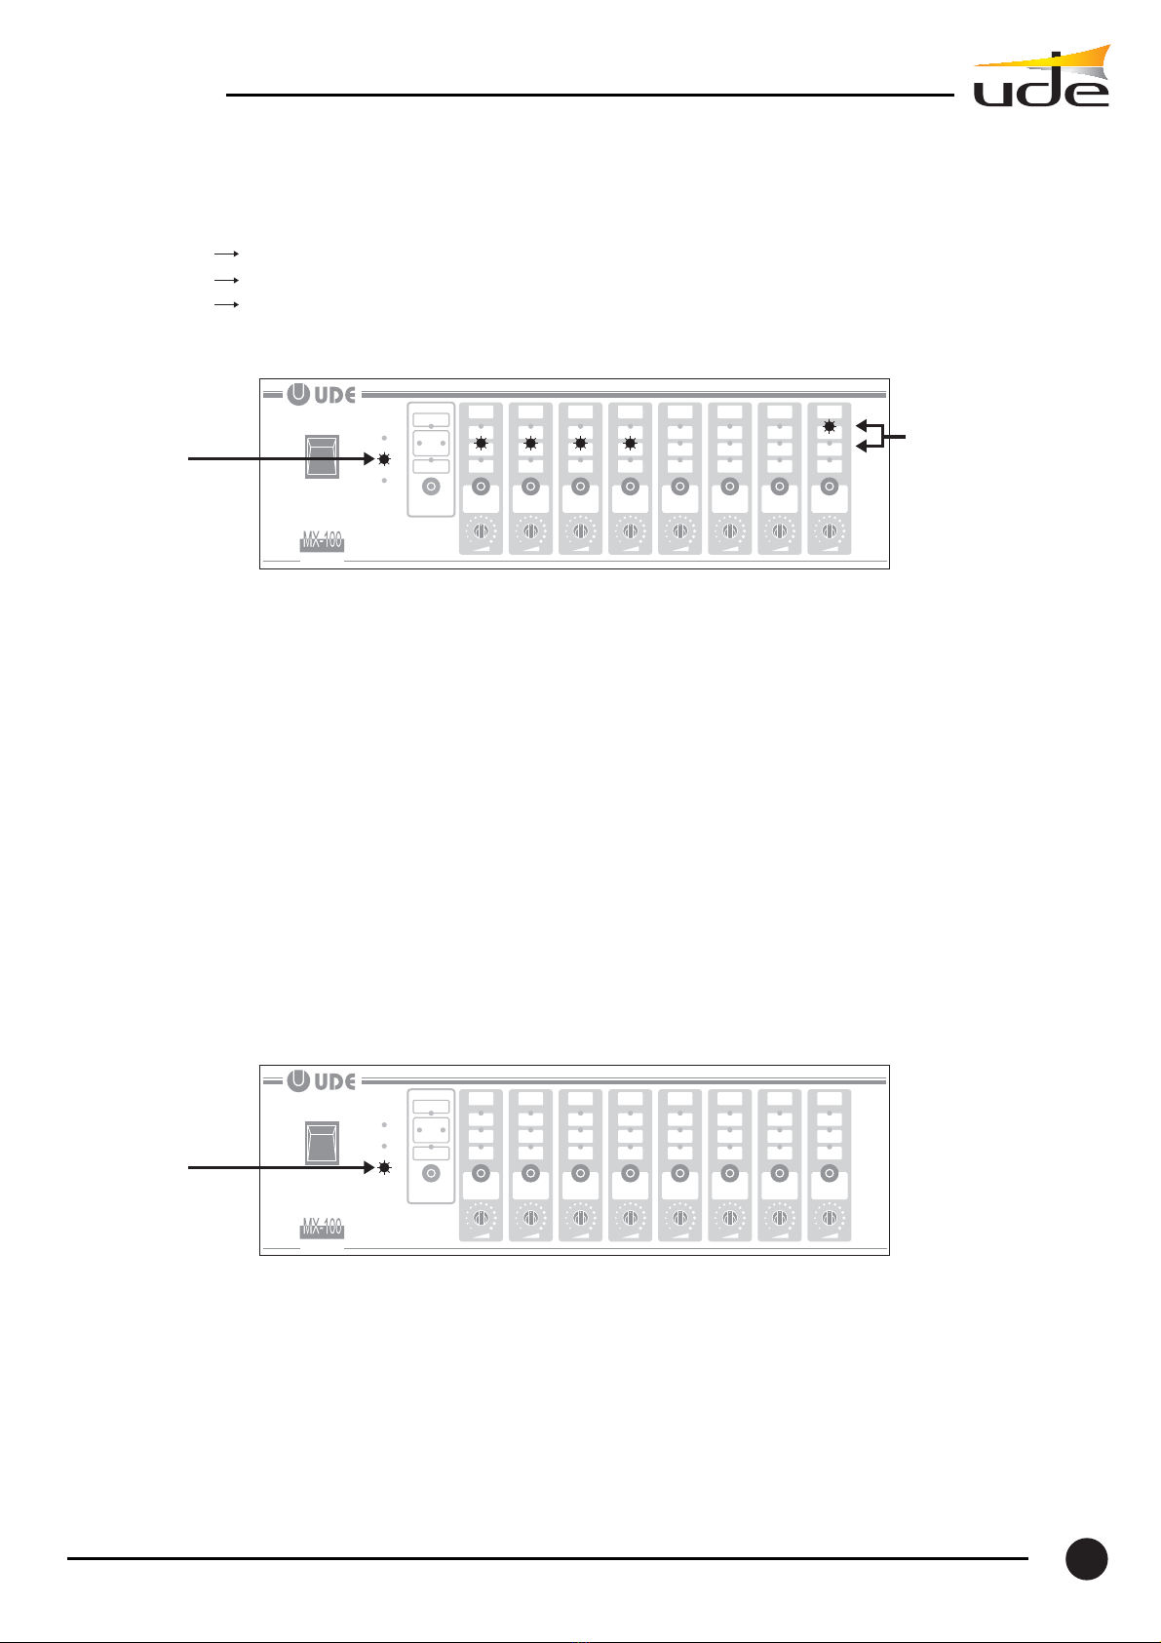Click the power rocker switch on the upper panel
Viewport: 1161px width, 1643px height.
point(323,456)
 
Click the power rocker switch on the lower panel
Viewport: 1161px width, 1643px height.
point(323,1143)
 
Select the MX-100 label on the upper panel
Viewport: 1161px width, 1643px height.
point(322,542)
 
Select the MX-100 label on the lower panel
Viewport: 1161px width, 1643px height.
point(322,1229)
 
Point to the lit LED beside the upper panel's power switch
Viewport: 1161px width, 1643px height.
point(384,459)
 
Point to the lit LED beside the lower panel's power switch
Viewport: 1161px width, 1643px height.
point(384,1167)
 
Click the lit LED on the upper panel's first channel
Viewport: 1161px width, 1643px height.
point(481,444)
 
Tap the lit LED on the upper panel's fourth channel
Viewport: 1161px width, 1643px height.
point(630,444)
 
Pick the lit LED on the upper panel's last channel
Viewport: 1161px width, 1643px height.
point(829,426)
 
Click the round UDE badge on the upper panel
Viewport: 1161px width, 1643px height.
point(298,395)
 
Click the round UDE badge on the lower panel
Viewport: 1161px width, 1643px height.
point(298,1081)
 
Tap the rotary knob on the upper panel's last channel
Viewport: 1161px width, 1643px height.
point(829,531)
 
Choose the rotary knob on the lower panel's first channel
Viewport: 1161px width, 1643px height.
point(481,1218)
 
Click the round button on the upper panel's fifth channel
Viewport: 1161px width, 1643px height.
point(679,487)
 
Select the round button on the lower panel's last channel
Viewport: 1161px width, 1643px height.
point(829,1173)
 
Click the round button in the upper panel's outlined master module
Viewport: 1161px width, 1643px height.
point(431,487)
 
